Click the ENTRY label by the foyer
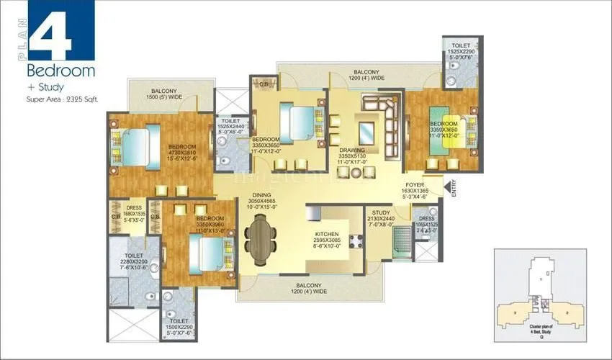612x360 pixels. tap(454, 189)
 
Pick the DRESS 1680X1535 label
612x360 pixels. tap(133, 213)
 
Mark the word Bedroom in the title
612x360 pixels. tap(61, 71)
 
